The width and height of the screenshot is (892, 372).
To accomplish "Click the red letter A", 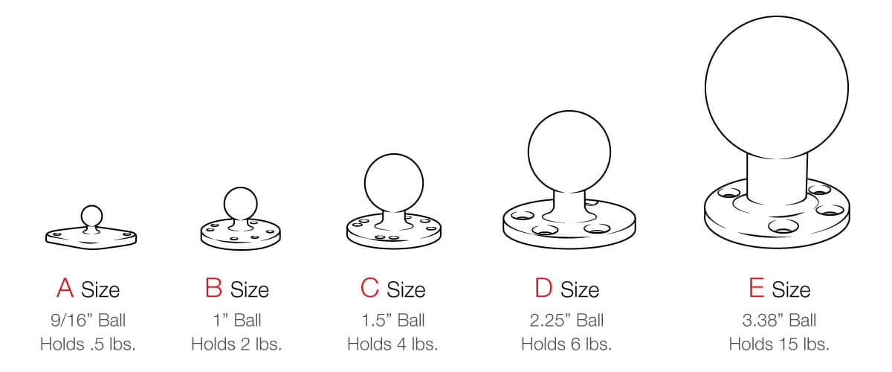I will point(65,289).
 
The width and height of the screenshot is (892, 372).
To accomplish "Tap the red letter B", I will point(213,289).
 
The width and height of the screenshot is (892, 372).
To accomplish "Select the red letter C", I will point(369,289).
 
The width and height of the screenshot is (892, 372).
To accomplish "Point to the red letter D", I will point(544,289).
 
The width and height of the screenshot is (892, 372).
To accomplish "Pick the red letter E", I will point(757,289).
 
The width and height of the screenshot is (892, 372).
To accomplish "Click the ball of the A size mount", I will point(91,216).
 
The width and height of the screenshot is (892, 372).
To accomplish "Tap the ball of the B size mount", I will point(240,202).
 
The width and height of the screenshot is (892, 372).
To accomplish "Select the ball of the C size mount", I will point(394,183).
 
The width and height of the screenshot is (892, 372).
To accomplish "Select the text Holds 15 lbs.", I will point(778,344).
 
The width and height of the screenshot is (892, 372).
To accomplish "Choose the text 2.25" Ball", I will point(566,321).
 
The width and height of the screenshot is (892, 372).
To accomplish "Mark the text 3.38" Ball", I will point(778,321).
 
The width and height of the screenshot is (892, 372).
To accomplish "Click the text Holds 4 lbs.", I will point(392,344).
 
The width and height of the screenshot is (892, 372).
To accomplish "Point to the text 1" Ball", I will point(236,321).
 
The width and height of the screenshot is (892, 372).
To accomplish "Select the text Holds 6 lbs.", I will point(566,344).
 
